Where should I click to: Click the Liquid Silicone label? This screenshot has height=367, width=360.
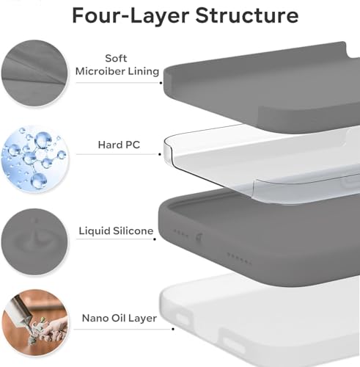[116, 230]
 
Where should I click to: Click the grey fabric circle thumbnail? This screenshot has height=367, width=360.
[34, 72]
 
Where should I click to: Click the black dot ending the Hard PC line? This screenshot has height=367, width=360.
[161, 156]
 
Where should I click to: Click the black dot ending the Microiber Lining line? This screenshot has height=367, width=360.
[161, 82]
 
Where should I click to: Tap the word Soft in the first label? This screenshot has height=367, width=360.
[117, 58]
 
